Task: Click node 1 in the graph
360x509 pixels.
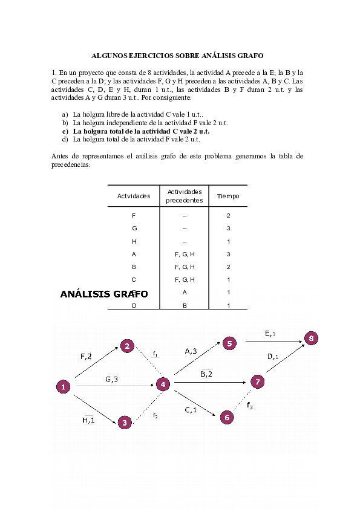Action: [x=63, y=387]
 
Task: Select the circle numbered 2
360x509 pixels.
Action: [x=127, y=346]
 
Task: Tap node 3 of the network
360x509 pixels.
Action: [x=124, y=423]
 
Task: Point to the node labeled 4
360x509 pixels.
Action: [x=162, y=384]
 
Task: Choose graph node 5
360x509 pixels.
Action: [x=229, y=343]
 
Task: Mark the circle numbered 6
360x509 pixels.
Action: [x=227, y=417]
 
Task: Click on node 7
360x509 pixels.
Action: [x=258, y=381]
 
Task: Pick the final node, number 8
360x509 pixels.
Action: [x=311, y=339]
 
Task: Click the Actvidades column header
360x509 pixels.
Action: [x=134, y=196]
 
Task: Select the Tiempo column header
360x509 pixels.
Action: [x=228, y=196]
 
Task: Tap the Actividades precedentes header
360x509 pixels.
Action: [x=185, y=196]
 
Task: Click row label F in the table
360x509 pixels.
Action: [x=134, y=216]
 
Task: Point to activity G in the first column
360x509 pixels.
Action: [x=134, y=229]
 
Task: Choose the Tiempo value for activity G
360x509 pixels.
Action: [x=228, y=229]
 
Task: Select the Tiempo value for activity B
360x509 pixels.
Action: [x=228, y=267]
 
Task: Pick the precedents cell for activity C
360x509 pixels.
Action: [x=185, y=279]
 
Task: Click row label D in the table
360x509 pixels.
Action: [x=134, y=305]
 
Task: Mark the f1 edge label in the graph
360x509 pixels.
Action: [x=155, y=354]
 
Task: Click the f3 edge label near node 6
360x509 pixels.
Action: [x=250, y=404]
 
